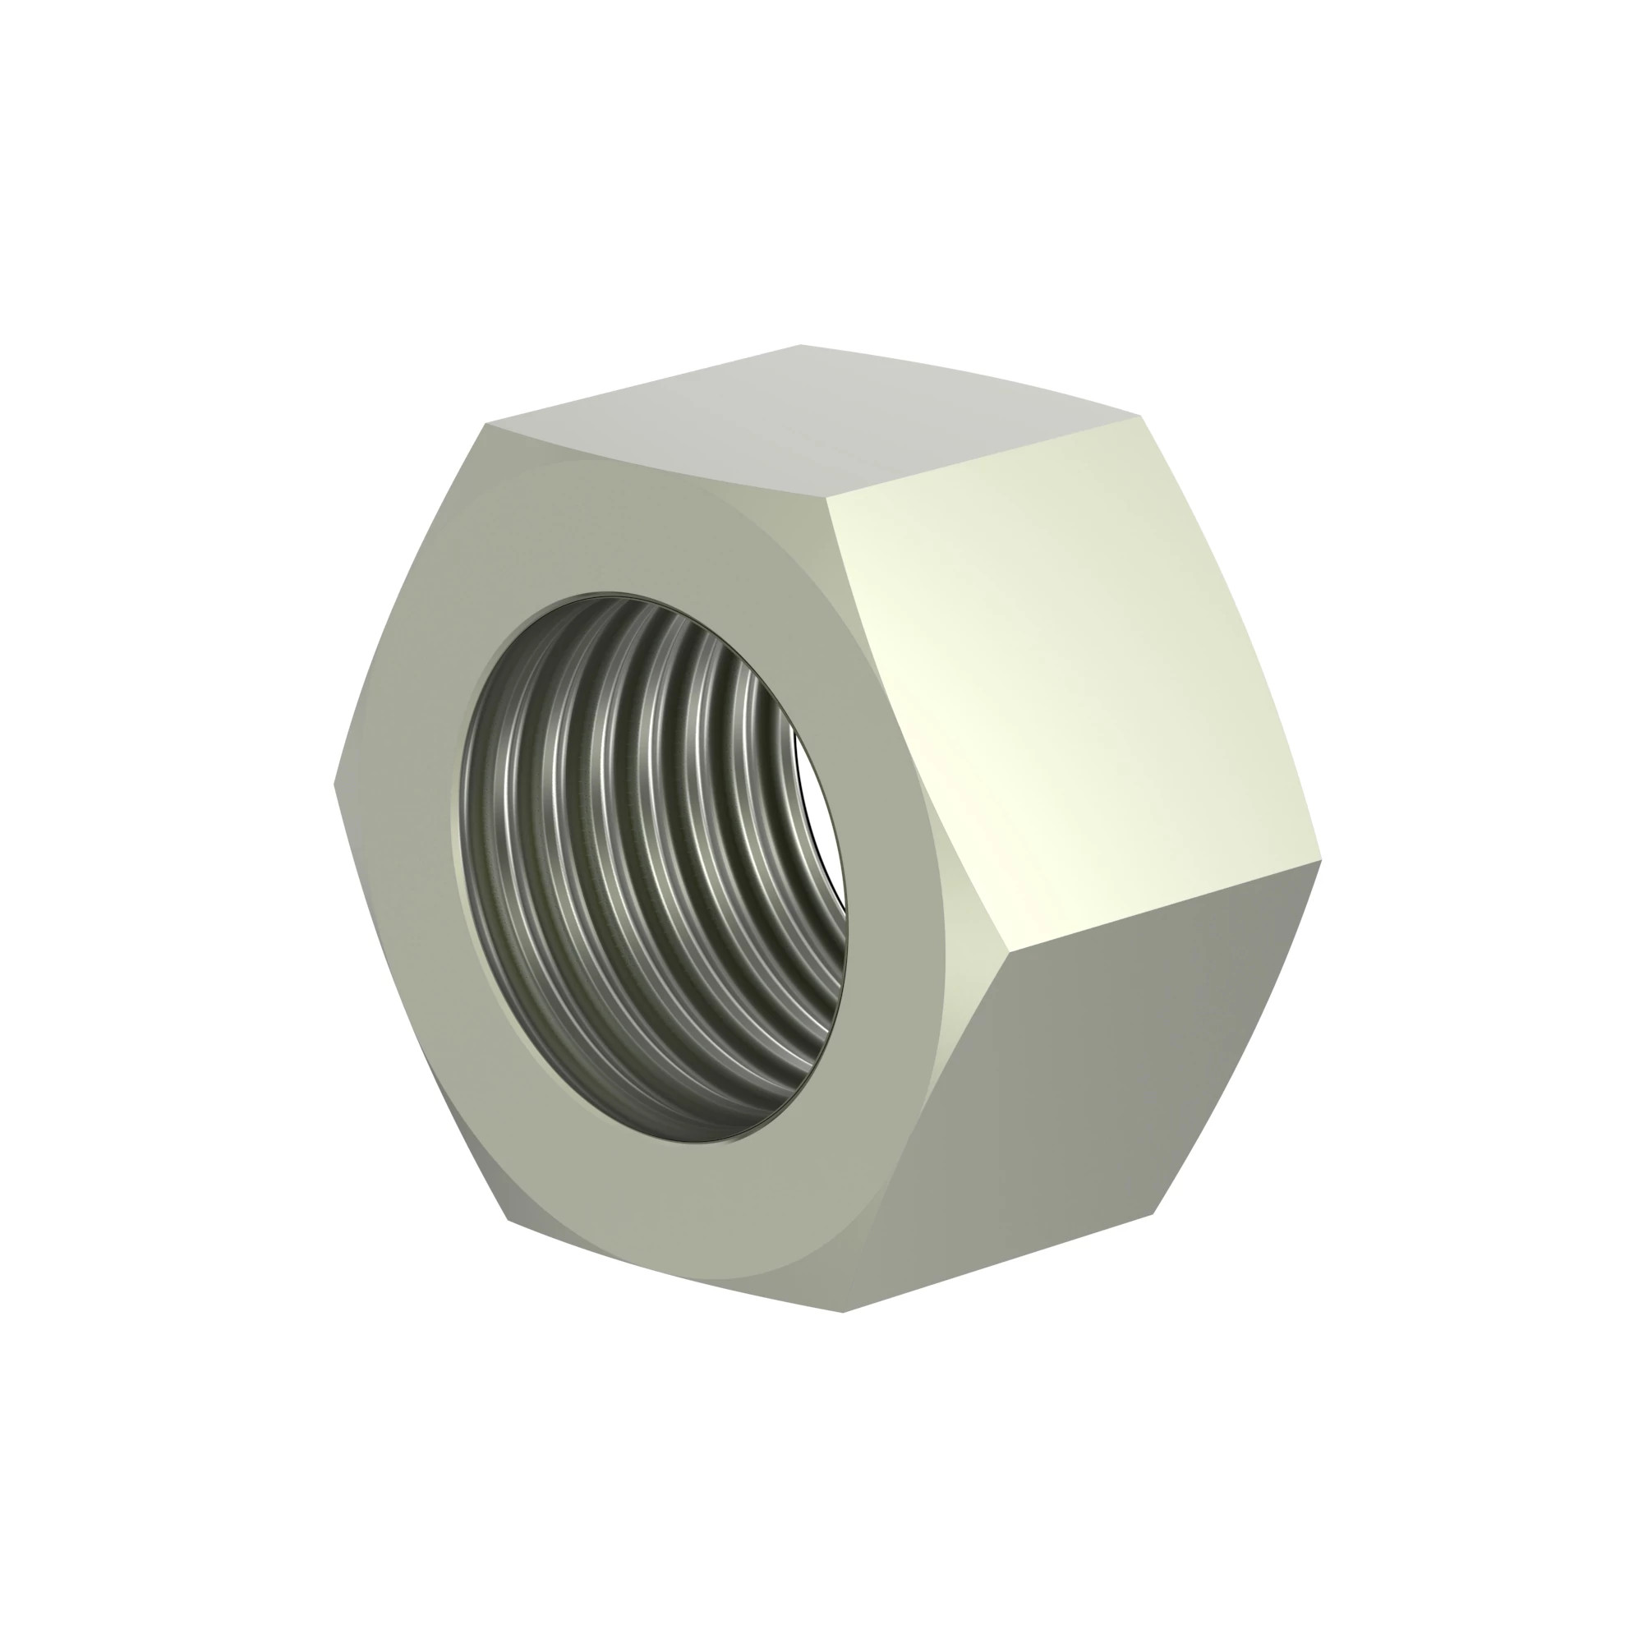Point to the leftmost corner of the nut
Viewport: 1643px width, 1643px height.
click(x=334, y=784)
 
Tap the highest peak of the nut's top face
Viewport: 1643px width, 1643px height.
click(x=800, y=344)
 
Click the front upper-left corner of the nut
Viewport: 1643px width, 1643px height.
click(x=486, y=424)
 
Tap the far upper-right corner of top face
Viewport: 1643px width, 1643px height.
click(x=1139, y=417)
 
